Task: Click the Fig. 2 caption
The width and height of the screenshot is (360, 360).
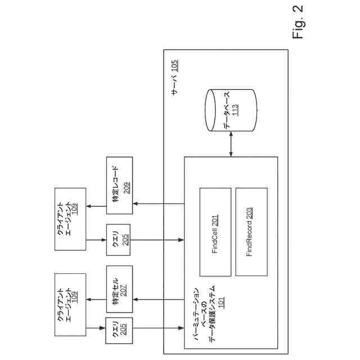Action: coord(298,23)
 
